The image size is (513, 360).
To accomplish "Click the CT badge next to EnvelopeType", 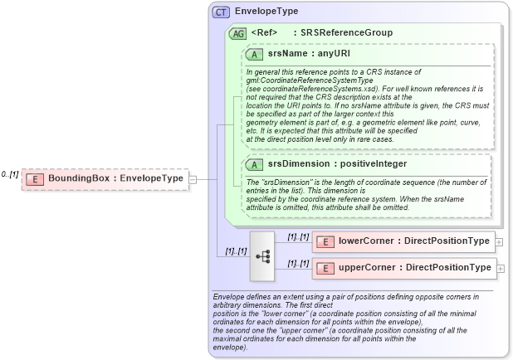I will click(x=222, y=12).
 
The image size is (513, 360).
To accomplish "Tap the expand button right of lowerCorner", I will click(x=499, y=242).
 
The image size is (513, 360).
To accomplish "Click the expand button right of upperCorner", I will click(x=501, y=268).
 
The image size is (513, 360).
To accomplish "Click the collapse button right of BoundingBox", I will click(x=193, y=178).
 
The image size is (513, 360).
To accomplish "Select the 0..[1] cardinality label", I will click(x=10, y=174).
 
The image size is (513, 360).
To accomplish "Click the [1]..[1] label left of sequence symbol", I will click(x=237, y=251).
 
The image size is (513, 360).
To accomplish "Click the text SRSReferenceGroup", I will click(x=346, y=33).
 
